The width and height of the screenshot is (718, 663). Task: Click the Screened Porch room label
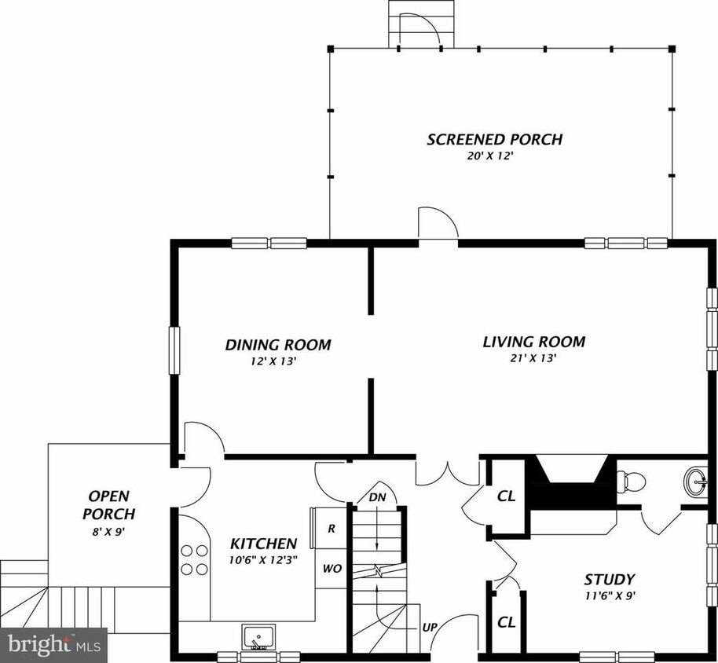(x=494, y=140)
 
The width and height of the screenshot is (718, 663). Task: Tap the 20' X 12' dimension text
(x=494, y=156)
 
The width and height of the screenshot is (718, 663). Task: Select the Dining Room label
(x=277, y=345)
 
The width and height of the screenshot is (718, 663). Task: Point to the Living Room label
(x=533, y=342)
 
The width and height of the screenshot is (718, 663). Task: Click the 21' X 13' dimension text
(x=533, y=358)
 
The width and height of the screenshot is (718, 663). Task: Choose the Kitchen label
(x=263, y=544)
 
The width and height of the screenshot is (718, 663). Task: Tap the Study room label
(x=609, y=580)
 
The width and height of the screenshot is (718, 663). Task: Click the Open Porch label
(x=109, y=505)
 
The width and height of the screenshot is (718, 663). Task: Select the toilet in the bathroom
(x=631, y=479)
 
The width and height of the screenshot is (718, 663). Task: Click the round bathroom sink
(x=695, y=478)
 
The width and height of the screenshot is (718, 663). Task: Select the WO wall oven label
(x=332, y=568)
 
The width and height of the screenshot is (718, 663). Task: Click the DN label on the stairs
(x=377, y=497)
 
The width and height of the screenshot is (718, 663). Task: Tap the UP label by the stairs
(x=429, y=628)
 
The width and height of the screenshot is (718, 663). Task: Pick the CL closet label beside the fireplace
(x=506, y=496)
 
